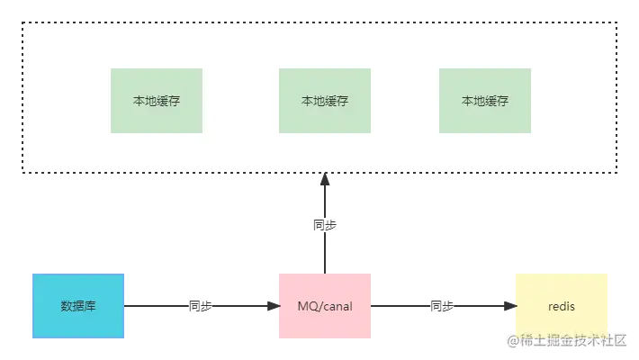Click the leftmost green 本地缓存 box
[157, 101]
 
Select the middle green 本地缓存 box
[325, 101]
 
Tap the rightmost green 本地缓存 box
[485, 101]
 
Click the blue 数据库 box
[78, 306]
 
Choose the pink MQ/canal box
[325, 306]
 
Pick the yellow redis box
[562, 306]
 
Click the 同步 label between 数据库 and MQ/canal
[201, 306]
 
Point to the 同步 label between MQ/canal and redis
[441, 306]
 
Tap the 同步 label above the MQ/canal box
[324, 226]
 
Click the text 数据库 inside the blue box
[78, 306]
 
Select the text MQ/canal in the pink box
[325, 307]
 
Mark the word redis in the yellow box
[562, 307]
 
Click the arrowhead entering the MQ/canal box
[271, 306]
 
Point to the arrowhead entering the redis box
[508, 306]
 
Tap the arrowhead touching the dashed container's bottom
[324, 183]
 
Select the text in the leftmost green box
[157, 101]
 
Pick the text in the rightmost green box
[485, 101]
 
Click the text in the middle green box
[325, 101]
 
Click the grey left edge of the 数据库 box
[31, 306]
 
